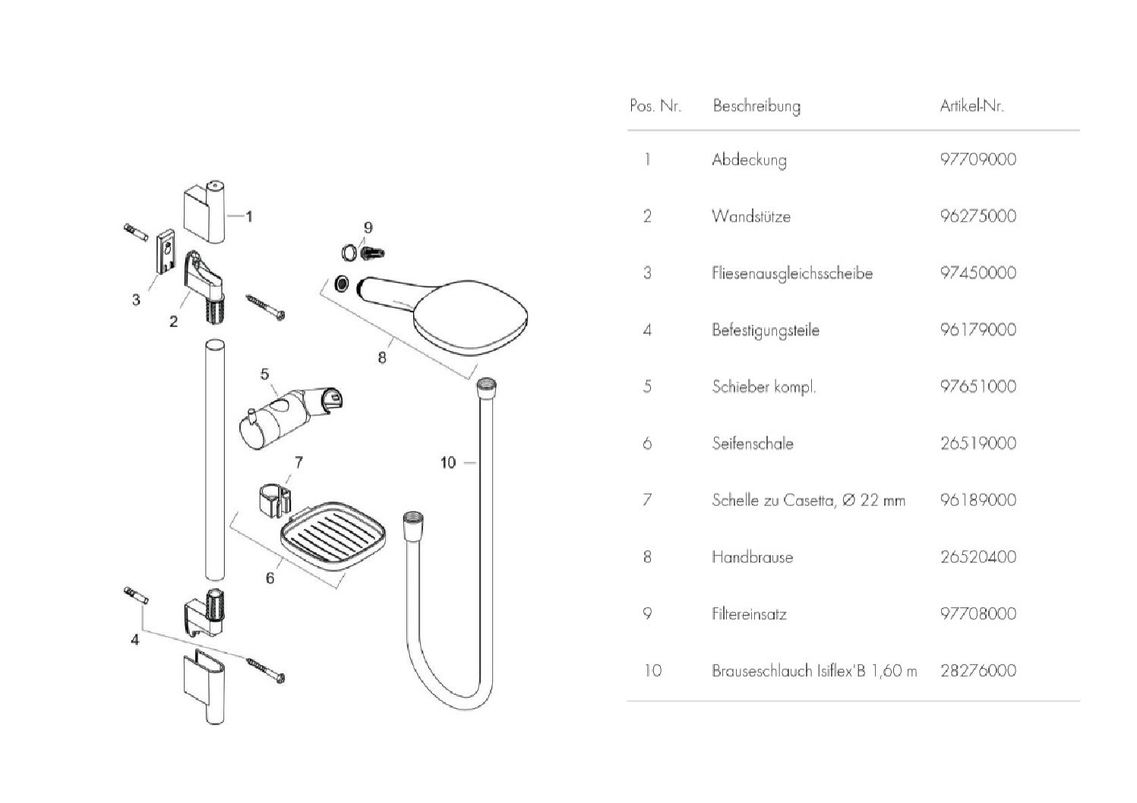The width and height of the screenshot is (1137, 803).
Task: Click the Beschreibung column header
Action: click(x=756, y=106)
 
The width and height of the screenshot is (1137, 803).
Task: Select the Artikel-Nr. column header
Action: click(x=971, y=106)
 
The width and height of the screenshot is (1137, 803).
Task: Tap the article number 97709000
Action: click(x=978, y=159)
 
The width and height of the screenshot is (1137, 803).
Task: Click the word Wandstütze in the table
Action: click(x=750, y=216)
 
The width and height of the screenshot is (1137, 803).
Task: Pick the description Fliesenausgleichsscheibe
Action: click(x=791, y=273)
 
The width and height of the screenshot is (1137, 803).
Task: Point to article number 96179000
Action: click(x=978, y=329)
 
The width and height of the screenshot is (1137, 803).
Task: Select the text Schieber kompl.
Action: click(x=763, y=386)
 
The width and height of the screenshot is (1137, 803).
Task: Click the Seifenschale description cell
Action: click(x=752, y=443)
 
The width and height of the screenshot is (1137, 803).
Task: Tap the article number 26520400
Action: click(x=978, y=557)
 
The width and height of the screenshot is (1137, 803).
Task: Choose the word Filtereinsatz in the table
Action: click(x=748, y=614)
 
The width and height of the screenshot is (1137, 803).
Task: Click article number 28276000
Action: click(x=978, y=671)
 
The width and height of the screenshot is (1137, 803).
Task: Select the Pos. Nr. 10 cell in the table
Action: click(x=652, y=671)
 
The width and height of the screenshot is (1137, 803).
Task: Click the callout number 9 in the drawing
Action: click(x=368, y=227)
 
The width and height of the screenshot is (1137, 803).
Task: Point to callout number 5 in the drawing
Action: click(x=264, y=373)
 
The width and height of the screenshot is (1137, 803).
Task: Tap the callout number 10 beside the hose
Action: click(x=448, y=461)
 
